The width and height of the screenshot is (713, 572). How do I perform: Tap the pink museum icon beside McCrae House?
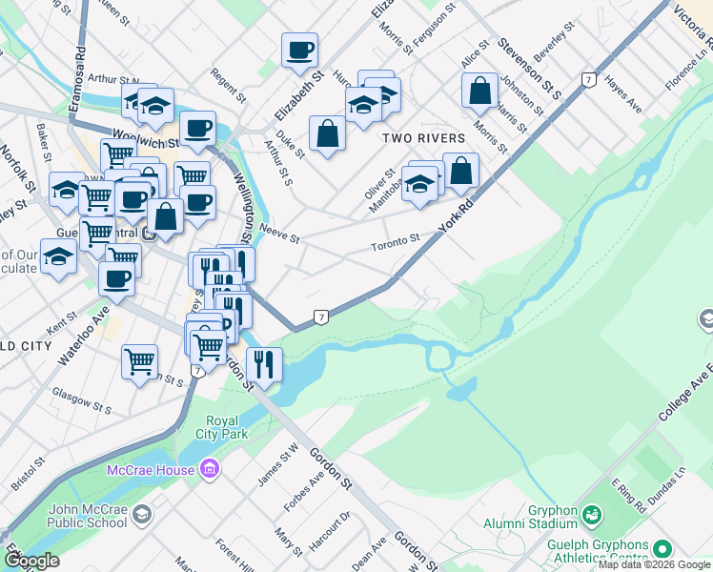(211, 468)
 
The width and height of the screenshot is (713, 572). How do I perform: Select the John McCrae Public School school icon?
(142, 516)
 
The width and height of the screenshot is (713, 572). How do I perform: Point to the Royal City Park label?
(228, 427)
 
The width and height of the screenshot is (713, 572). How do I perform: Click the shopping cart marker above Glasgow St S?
(139, 361)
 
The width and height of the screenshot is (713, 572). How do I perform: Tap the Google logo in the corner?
(31, 561)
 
